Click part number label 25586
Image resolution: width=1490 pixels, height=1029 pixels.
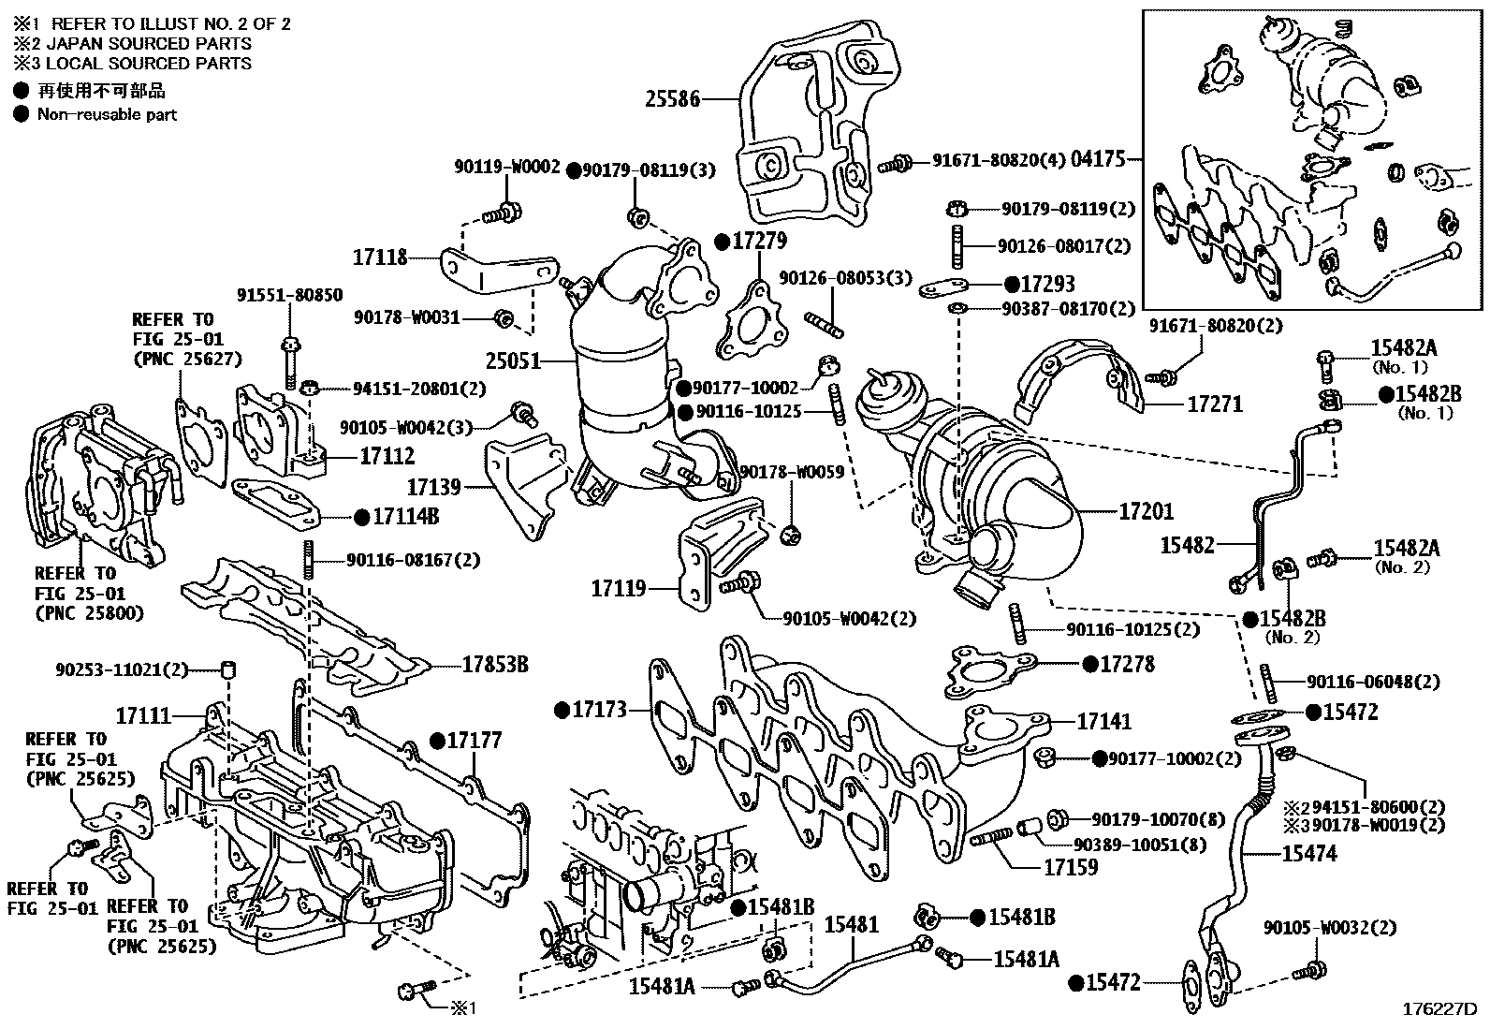(672, 97)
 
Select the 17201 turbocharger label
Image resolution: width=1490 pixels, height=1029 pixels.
(1147, 511)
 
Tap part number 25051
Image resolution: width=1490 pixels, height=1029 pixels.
(514, 359)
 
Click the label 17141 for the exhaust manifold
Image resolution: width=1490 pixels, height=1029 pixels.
(1103, 722)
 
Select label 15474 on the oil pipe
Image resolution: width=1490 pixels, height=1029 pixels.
(1309, 854)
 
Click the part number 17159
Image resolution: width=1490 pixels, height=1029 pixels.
(1071, 867)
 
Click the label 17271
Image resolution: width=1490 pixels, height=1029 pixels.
(1215, 404)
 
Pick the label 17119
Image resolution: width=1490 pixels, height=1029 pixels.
(619, 589)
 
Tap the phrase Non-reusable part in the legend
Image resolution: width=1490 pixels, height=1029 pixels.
(107, 114)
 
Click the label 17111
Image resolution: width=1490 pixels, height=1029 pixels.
(143, 716)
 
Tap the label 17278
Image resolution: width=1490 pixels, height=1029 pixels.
(1127, 664)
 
